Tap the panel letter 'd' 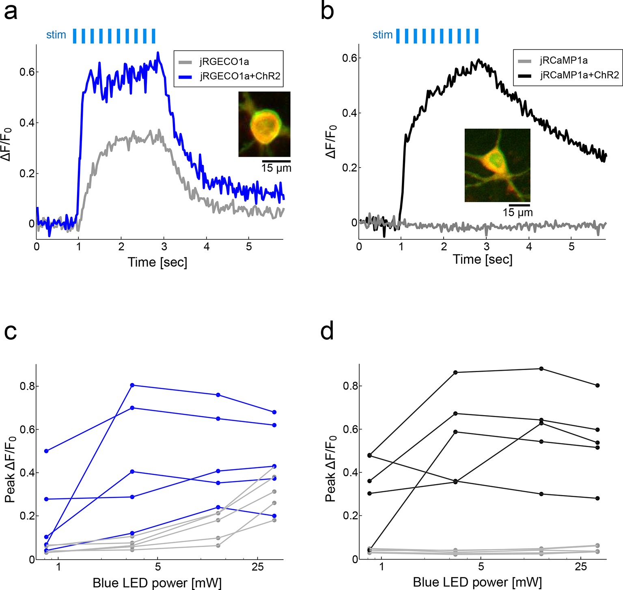click(327, 332)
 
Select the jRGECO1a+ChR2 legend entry click(240, 76)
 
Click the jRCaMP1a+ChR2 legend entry click(579, 75)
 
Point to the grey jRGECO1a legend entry click(224, 62)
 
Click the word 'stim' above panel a click(56, 35)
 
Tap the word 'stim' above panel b click(382, 35)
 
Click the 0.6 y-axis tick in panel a click(27, 72)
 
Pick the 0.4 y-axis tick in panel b click(349, 113)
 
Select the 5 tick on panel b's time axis click(571, 246)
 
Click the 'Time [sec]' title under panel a click(157, 262)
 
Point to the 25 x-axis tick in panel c click(258, 567)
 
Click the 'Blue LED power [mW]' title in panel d click(477, 583)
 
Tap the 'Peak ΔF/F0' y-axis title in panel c click(11, 469)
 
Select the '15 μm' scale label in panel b click(517, 212)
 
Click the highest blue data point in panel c click(132, 385)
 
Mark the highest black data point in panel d click(541, 368)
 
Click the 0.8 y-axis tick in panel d click(349, 385)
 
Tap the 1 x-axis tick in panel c click(59, 567)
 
